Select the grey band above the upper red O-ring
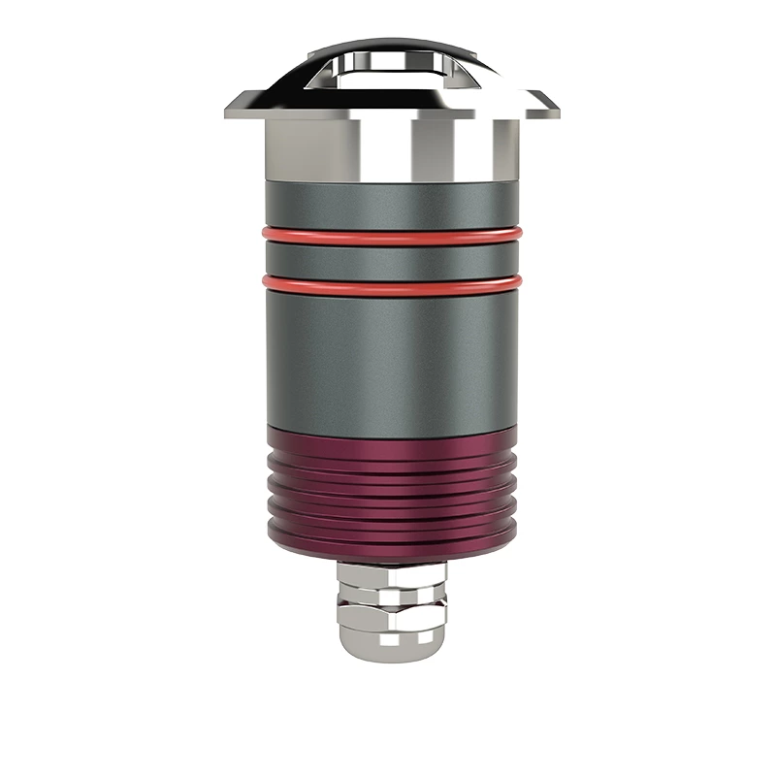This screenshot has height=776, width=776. click(388, 206)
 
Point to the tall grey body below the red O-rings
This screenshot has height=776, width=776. click(388, 359)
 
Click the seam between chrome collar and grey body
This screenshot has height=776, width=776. click(388, 181)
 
